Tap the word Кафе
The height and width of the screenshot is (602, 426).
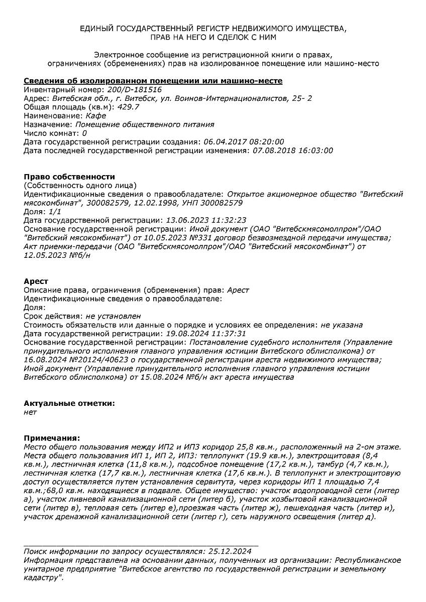[x=96, y=115]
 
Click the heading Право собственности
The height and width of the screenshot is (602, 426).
[x=69, y=177]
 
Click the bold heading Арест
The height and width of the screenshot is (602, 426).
[x=36, y=281]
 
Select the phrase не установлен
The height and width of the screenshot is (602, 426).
[x=113, y=316]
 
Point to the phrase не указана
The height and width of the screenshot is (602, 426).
[x=342, y=325]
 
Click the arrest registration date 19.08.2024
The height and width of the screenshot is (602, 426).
[x=184, y=334]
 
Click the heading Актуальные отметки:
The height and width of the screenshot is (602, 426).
[x=69, y=403]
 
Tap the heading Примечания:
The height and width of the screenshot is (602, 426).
[x=52, y=438]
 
